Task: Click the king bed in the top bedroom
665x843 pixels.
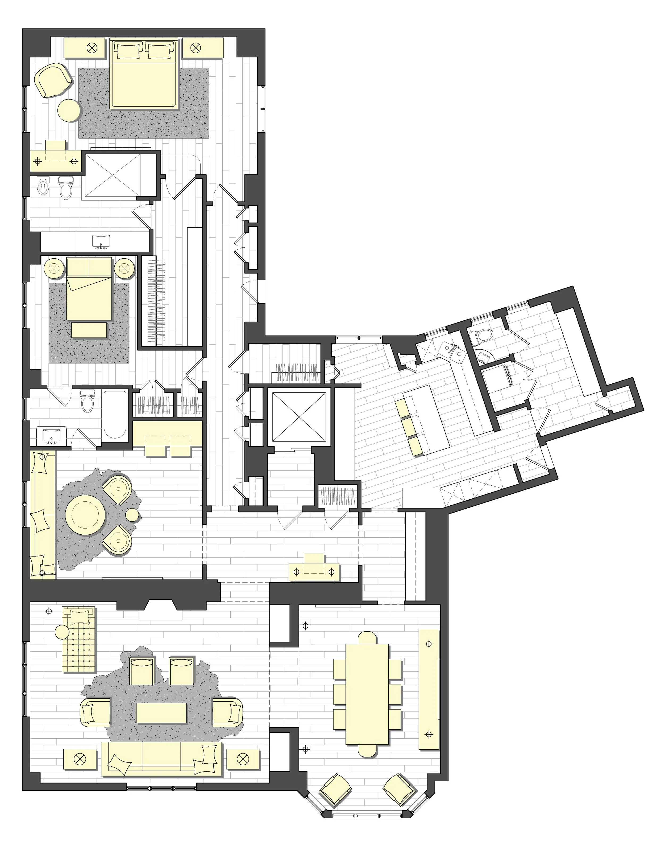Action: tap(144, 74)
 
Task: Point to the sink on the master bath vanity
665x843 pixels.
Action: tap(101, 241)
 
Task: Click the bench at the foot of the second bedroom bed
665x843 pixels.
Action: tap(89, 330)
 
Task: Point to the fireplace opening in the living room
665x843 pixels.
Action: tap(160, 613)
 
